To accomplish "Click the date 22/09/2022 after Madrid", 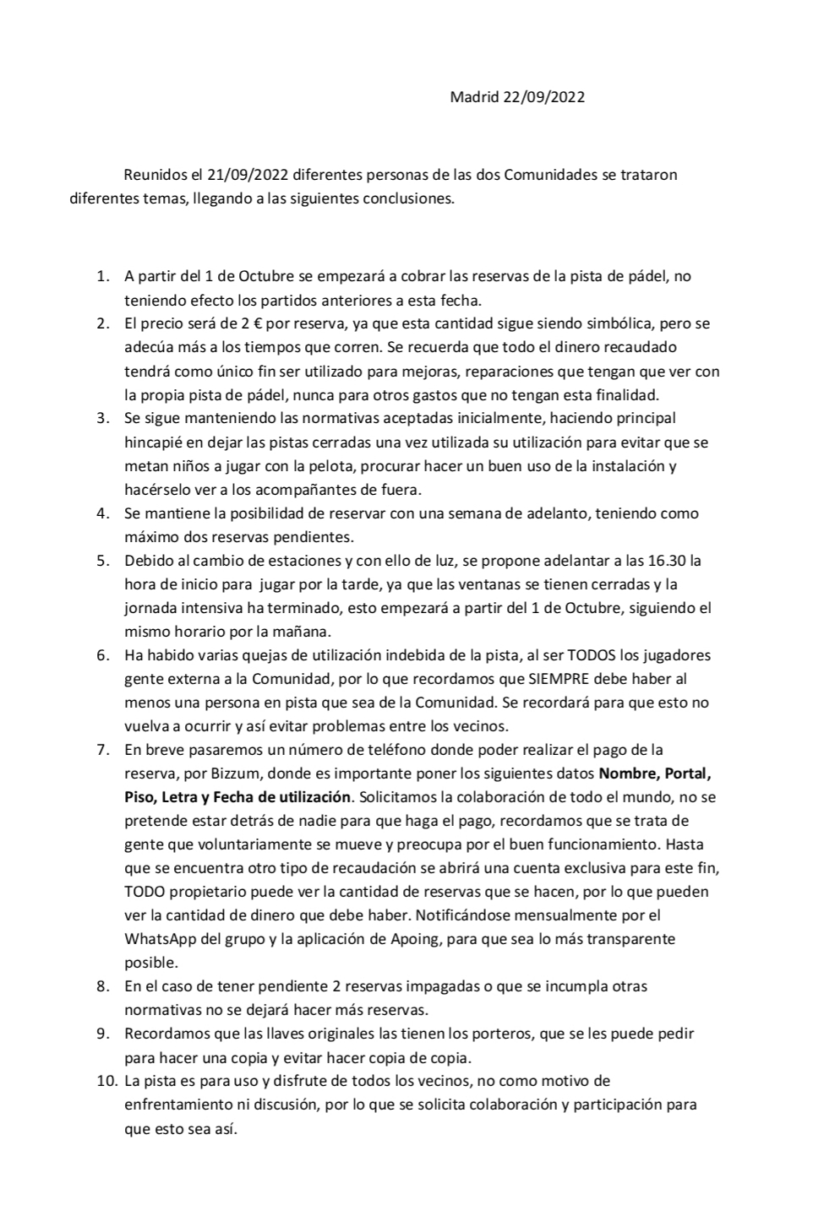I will pos(543,97).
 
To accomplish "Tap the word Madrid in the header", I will pos(474,97).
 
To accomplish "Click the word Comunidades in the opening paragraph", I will pos(547,176).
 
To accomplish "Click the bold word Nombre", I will pos(629,774).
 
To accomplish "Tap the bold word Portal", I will pos(695,774).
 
